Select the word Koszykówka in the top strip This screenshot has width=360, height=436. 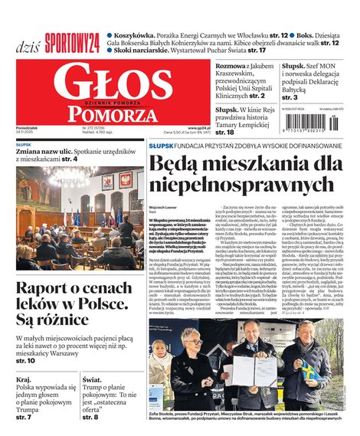[139, 35]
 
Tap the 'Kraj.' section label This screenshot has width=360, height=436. [24, 379]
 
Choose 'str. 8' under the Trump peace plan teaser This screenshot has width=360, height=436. [90, 417]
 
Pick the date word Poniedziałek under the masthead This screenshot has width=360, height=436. [27, 129]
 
